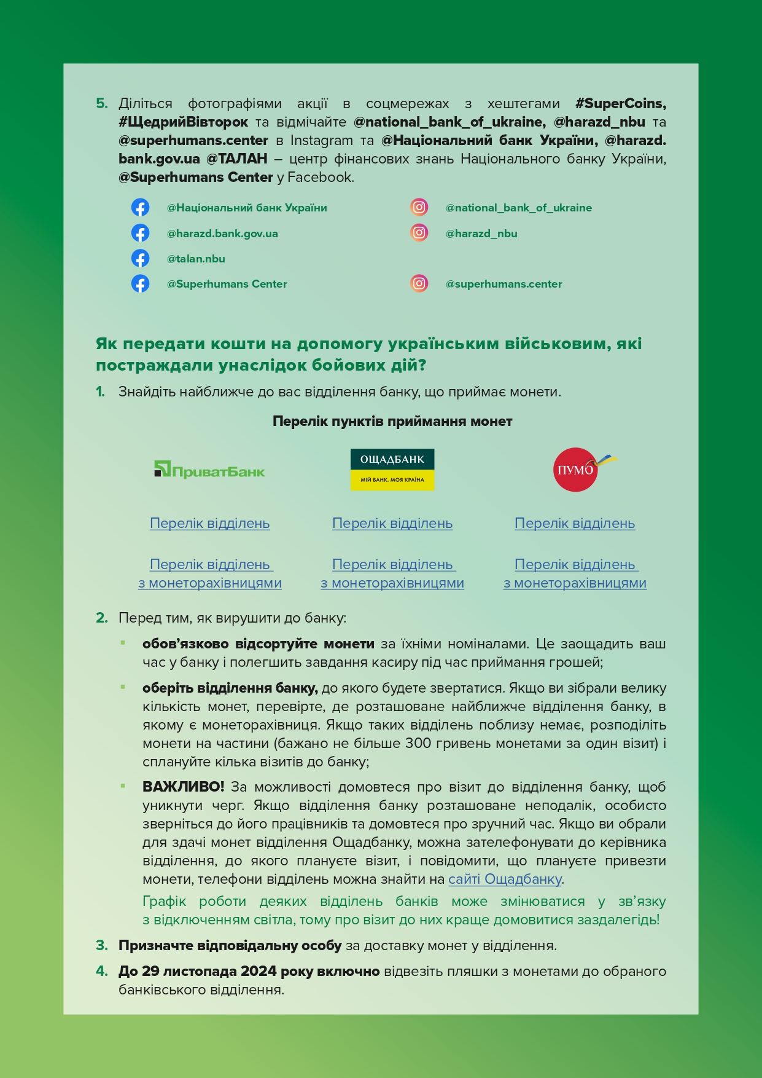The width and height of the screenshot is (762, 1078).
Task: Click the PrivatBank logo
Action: tap(209, 471)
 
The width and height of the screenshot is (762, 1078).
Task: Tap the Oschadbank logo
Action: tap(392, 470)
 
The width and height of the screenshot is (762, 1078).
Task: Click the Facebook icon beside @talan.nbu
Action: tap(140, 259)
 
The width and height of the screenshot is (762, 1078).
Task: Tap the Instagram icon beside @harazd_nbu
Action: tap(419, 233)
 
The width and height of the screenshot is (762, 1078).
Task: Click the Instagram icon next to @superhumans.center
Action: tap(419, 283)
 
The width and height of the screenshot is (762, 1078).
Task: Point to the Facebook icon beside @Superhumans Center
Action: tap(140, 284)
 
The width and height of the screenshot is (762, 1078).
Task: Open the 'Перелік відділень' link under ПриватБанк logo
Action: tap(209, 524)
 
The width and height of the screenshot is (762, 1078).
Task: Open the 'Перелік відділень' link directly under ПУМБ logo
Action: tap(574, 524)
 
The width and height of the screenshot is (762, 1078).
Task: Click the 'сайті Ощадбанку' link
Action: tap(505, 879)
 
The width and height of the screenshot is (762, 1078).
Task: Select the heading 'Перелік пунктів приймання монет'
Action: tap(392, 422)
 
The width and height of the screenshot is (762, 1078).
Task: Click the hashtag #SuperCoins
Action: tap(620, 103)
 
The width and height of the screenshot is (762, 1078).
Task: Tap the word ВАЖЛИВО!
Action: tap(183, 787)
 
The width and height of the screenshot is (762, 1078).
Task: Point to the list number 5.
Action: tap(102, 103)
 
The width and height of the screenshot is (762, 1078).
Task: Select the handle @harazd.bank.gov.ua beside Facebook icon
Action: tap(222, 234)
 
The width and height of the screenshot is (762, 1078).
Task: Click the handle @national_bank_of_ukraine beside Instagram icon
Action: tap(518, 208)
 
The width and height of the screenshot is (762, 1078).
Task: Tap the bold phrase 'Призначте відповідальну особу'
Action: tap(230, 946)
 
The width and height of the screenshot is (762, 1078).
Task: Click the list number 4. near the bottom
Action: tap(102, 972)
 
